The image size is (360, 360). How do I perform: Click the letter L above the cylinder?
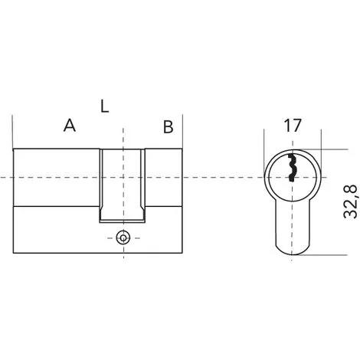coord(104,106)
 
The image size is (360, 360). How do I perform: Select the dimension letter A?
coord(70,125)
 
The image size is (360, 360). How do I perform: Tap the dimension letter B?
coord(169,127)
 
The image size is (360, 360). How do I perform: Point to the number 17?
coord(293,126)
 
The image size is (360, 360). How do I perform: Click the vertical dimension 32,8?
coord(350,201)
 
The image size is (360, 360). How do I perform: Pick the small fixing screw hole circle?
coord(123,238)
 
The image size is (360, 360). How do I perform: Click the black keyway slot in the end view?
coord(291,168)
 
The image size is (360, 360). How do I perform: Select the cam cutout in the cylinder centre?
coord(123,185)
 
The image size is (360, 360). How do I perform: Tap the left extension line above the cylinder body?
coord(13,132)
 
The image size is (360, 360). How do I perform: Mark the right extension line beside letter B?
coord(182,132)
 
